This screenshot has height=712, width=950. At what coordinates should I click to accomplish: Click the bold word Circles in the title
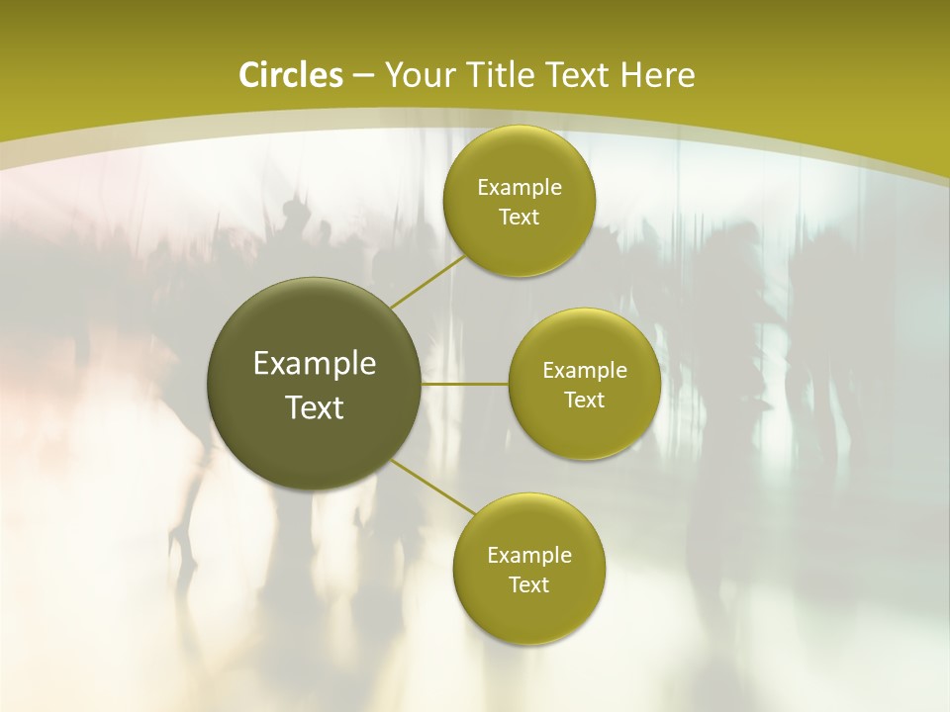[x=291, y=75]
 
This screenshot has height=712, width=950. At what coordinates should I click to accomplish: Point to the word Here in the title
[x=656, y=75]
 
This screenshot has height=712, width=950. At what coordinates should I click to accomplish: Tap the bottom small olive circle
[x=528, y=613]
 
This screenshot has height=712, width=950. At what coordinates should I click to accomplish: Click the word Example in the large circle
[x=315, y=364]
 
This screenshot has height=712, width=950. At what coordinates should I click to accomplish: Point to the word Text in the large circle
[x=315, y=407]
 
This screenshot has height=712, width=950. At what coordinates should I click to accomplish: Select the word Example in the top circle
[x=519, y=188]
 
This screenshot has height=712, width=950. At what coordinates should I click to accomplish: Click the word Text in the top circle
[x=519, y=218]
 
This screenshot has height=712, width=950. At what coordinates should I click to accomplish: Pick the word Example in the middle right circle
[x=584, y=371]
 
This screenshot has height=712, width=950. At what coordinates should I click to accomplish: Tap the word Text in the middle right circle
[x=584, y=400]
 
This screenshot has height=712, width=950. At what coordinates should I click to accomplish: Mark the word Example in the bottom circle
[x=528, y=556]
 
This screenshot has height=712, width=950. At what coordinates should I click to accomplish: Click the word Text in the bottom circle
[x=528, y=585]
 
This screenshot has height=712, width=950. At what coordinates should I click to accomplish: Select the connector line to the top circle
[x=427, y=281]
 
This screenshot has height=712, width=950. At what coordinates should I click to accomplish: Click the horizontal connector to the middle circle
[x=465, y=384]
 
